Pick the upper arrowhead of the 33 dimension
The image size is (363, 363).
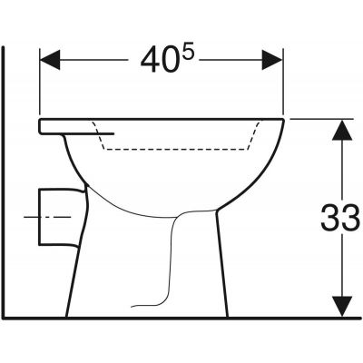[x=340, y=132]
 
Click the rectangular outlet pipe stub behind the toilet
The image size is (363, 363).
[x=55, y=218]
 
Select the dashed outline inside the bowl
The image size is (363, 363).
[x=181, y=149]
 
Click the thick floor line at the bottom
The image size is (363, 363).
[x=181, y=318]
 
